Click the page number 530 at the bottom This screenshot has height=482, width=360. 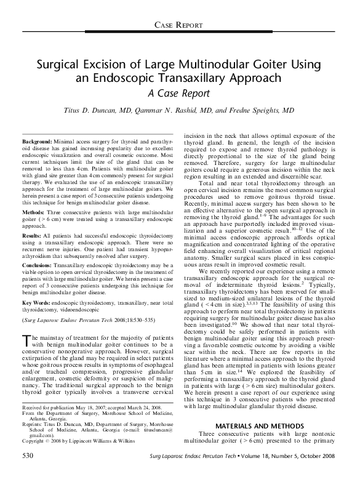point(27,473)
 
